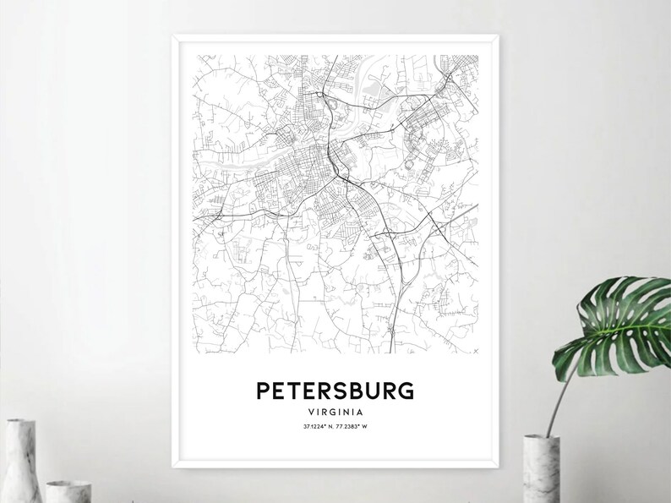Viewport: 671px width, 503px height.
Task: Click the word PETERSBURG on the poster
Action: click(x=335, y=391)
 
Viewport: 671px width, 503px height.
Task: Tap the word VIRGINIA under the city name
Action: click(x=335, y=412)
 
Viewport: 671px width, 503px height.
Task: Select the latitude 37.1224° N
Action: click(x=318, y=426)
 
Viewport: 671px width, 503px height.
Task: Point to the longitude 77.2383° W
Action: click(x=354, y=426)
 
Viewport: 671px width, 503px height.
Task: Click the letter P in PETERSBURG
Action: click(x=264, y=391)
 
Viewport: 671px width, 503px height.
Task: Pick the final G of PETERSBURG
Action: click(x=407, y=391)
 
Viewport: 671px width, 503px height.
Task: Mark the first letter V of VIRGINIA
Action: click(x=313, y=412)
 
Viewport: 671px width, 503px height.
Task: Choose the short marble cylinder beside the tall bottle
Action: click(x=63, y=490)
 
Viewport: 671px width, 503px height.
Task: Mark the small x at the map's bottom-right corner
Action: click(x=476, y=349)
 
